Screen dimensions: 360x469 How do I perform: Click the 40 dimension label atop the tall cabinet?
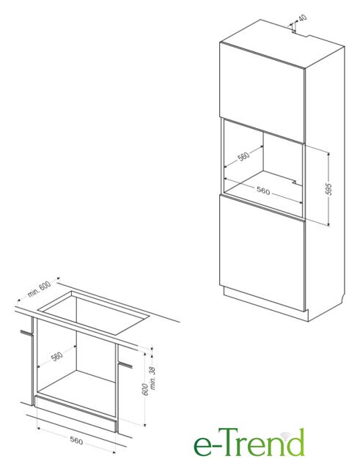coord(303,18)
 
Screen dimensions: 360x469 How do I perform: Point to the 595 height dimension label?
coord(328,189)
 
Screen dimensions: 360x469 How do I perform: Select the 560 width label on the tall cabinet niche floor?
coord(263,191)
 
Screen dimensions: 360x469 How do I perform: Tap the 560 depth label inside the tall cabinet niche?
coord(243,156)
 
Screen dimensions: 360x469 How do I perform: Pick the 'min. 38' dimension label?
coord(153,378)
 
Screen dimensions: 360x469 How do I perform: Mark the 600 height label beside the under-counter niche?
coord(145,389)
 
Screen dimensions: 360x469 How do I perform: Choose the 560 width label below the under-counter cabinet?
coord(76,440)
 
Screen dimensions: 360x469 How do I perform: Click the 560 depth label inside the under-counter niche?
coord(57,356)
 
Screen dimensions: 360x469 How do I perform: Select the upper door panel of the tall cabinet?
coord(262,92)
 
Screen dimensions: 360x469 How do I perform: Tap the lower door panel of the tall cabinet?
coord(262,254)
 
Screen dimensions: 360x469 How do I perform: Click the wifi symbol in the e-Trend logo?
coord(284,436)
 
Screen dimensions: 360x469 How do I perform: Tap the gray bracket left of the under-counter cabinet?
coord(26,332)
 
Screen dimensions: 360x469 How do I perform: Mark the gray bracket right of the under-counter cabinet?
coord(125,365)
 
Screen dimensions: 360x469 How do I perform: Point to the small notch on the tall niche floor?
coord(295,182)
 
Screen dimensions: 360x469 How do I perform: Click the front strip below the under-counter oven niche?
coord(76,413)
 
